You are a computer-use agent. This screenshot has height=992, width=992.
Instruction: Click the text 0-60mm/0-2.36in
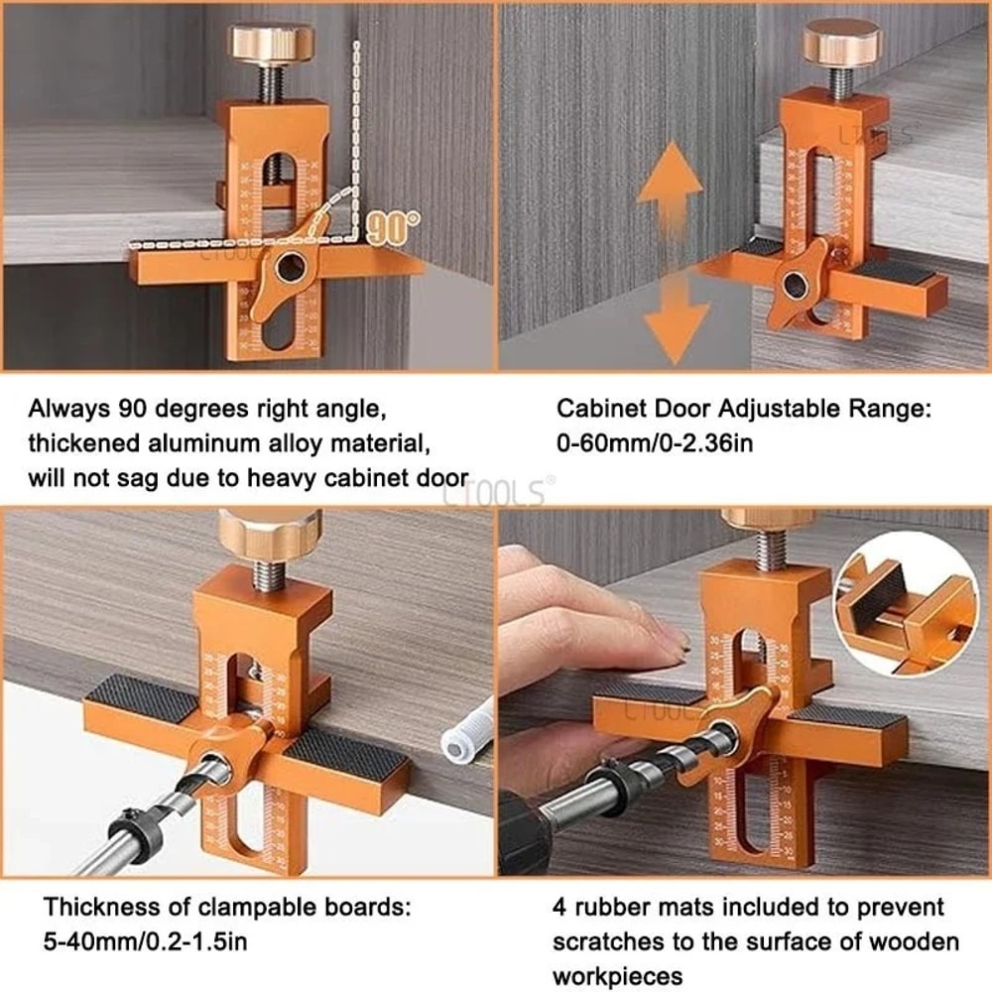tap(654, 441)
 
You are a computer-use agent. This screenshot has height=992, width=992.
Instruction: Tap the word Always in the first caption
tap(68, 408)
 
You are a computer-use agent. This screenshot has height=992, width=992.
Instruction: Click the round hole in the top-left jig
tap(290, 264)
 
